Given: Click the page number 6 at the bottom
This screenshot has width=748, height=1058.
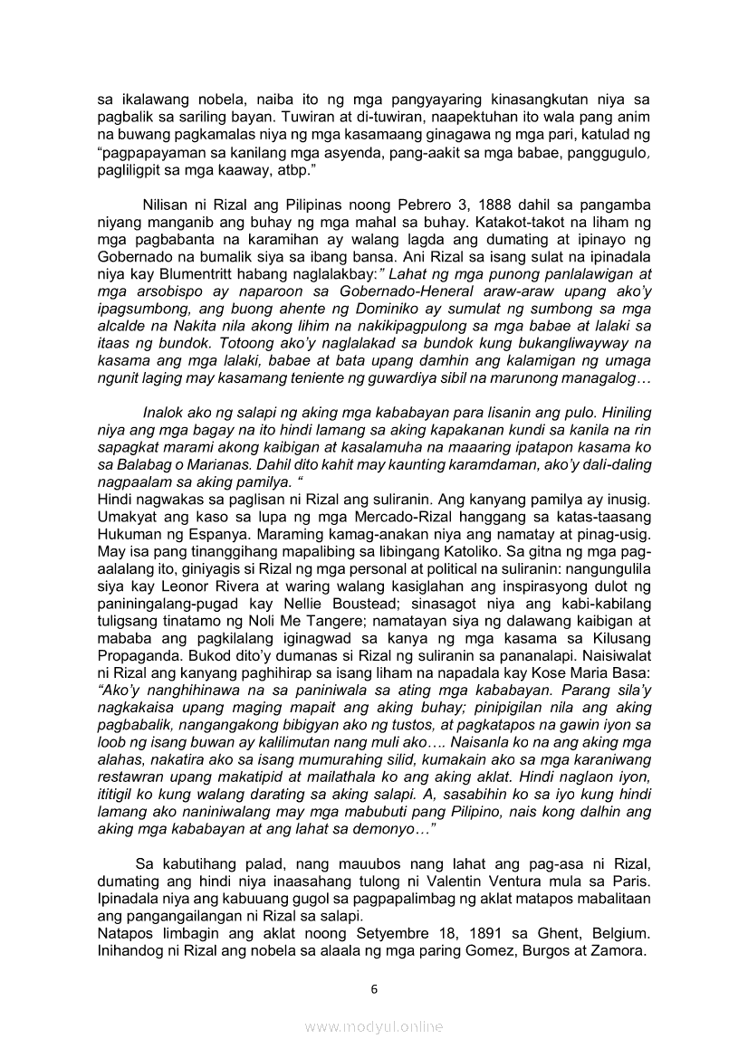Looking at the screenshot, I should pyautogui.click(x=374, y=988).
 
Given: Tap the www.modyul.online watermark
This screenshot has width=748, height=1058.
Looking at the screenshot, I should pyautogui.click(x=374, y=1026).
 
